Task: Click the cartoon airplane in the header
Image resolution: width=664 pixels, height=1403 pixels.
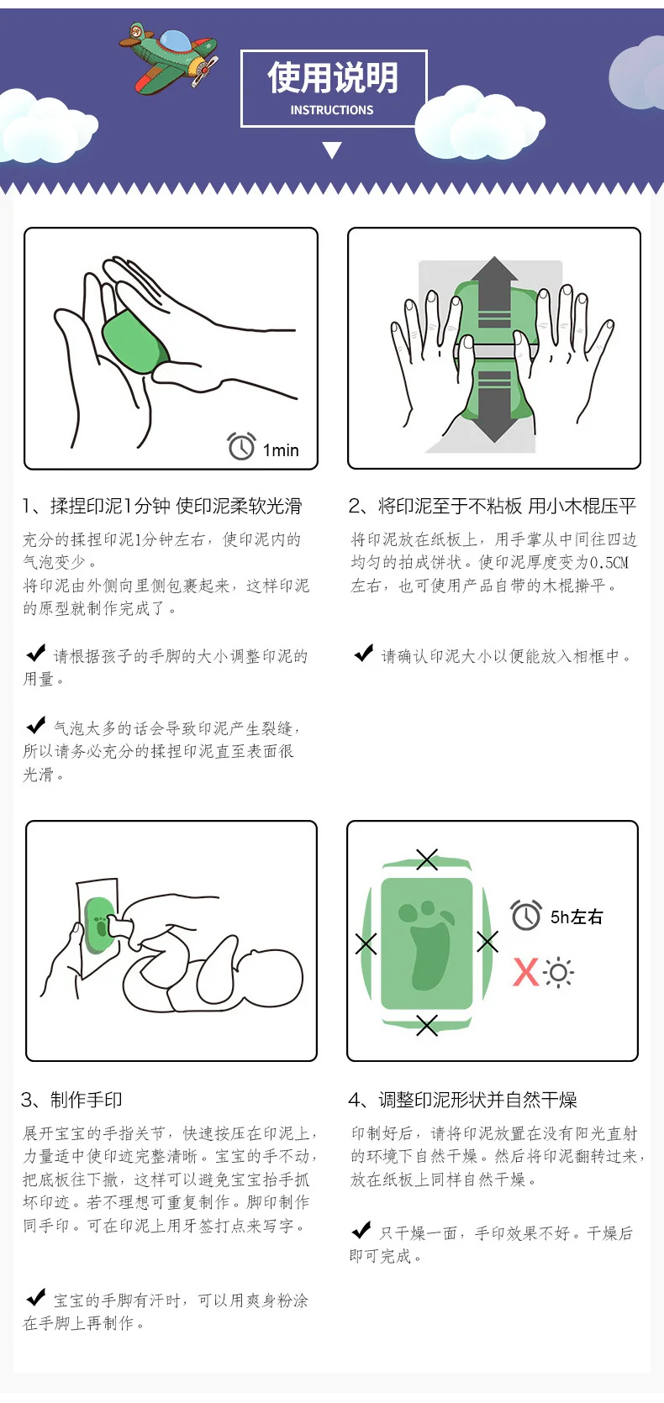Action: pyautogui.click(x=169, y=58)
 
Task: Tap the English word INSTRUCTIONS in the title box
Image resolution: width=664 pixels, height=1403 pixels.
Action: pyautogui.click(x=332, y=110)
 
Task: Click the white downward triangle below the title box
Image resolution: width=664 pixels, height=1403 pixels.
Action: pyautogui.click(x=332, y=150)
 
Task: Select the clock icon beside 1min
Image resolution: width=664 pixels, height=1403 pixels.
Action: pyautogui.click(x=241, y=446)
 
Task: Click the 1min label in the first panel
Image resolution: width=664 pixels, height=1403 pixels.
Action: pyautogui.click(x=281, y=450)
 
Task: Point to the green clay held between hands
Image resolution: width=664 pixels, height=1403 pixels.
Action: pyautogui.click(x=135, y=342)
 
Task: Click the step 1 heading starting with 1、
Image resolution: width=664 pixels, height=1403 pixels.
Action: pyautogui.click(x=162, y=506)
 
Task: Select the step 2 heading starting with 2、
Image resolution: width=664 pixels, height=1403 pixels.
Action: pyautogui.click(x=493, y=506)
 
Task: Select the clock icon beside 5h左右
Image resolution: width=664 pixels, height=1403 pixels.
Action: pyautogui.click(x=526, y=916)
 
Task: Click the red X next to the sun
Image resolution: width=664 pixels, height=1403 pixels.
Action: pyautogui.click(x=525, y=972)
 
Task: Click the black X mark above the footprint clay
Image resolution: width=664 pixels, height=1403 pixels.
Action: pyautogui.click(x=427, y=859)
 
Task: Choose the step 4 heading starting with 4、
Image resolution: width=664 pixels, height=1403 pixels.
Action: pyautogui.click(x=463, y=1100)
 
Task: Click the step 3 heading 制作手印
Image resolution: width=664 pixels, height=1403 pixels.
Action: pyautogui.click(x=87, y=1100)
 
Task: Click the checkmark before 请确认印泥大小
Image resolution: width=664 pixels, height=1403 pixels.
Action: pyautogui.click(x=364, y=653)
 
